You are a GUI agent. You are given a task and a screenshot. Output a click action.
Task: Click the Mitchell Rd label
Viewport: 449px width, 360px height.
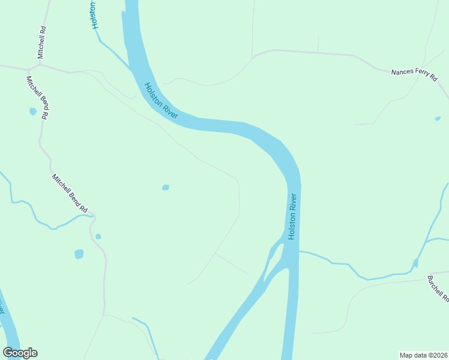[41, 41]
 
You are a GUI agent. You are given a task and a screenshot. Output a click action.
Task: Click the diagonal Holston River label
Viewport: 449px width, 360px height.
[161, 100]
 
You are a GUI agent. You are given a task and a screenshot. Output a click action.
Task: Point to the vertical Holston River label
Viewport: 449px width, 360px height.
[292, 216]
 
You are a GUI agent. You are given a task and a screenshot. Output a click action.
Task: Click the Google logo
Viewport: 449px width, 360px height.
[20, 353]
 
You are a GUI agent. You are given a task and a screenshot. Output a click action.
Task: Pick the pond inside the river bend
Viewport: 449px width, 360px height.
[166, 187]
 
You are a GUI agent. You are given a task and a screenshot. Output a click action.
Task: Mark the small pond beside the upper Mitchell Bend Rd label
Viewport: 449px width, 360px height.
[32, 111]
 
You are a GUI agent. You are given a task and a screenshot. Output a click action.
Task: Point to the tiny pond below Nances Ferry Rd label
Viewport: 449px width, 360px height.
[438, 118]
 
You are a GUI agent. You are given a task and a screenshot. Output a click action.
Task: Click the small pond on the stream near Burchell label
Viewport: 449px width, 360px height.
[415, 263]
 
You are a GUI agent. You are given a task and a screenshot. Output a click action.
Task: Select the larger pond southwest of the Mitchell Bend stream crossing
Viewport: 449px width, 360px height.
[79, 254]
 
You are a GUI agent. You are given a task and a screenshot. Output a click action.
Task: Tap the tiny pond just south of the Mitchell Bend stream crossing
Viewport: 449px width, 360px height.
[98, 236]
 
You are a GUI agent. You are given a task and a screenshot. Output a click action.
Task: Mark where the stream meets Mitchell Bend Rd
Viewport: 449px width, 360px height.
[91, 215]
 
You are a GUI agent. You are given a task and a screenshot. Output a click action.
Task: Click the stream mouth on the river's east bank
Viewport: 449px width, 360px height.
[300, 252]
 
